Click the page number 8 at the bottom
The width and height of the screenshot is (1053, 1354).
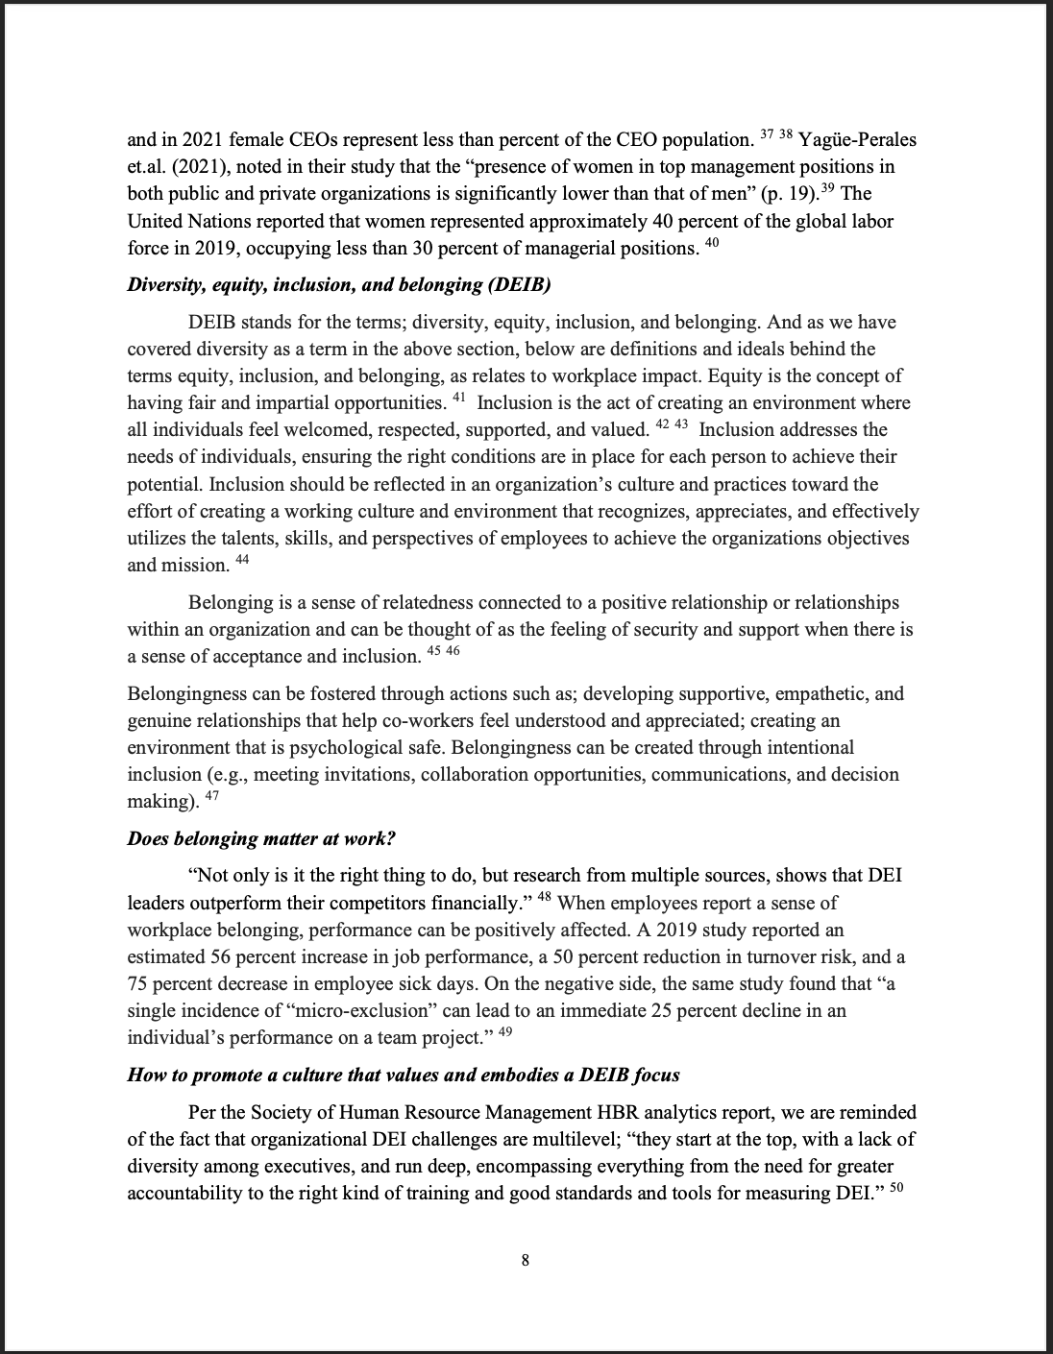coord(526,1261)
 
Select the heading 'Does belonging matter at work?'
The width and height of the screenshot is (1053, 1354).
coord(261,837)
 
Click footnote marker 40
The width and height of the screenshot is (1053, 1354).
coord(711,243)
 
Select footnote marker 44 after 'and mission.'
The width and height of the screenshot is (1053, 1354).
coord(242,559)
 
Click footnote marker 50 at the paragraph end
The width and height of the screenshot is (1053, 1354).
coord(898,1188)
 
